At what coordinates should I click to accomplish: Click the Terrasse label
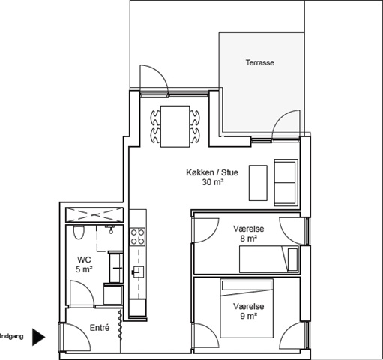[x=260, y=62]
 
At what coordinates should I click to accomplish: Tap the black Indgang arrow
[x=38, y=337]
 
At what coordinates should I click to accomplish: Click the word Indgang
[x=12, y=336]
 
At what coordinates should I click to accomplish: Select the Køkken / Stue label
[x=212, y=172]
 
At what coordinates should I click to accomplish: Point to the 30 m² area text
[x=212, y=182]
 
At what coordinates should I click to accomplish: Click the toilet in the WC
[x=79, y=232]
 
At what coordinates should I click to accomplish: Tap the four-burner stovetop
[x=138, y=236]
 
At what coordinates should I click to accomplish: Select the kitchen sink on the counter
[x=138, y=271]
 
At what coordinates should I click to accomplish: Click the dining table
[x=175, y=127]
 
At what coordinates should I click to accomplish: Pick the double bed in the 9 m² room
[x=247, y=308]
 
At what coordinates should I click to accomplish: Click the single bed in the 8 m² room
[x=269, y=259]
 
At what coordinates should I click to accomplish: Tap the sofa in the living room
[x=286, y=182]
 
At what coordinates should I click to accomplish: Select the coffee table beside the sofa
[x=258, y=183]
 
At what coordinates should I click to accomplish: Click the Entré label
[x=100, y=328]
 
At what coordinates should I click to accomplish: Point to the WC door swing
[x=82, y=293]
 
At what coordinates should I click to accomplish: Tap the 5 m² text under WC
[x=84, y=269]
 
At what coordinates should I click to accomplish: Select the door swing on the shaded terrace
[x=286, y=124]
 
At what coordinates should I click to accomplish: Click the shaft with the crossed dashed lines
[x=94, y=214]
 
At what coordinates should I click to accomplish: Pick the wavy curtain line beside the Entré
[x=121, y=325]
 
